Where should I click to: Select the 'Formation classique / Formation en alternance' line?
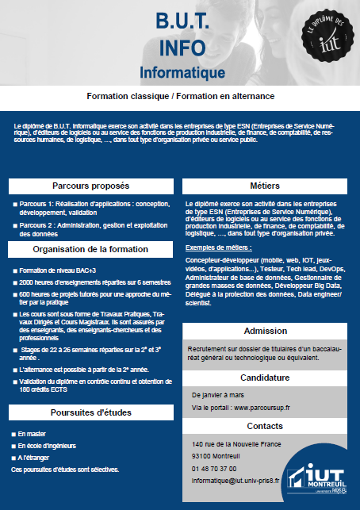[x=181, y=95]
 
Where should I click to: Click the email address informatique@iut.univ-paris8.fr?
[x=236, y=480]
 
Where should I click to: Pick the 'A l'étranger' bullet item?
[x=35, y=458]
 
